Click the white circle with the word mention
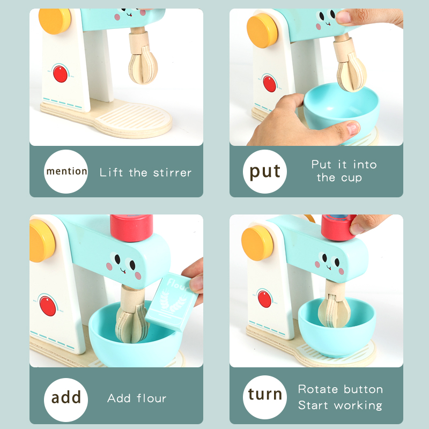(65, 172)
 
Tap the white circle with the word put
(264, 172)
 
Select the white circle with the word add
(65, 400)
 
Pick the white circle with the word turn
(264, 397)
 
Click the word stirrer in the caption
(172, 173)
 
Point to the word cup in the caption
(351, 178)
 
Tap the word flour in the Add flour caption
(152, 398)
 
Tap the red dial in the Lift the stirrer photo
(60, 73)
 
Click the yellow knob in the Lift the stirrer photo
(55, 21)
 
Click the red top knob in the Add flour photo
(131, 227)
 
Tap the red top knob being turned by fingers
(338, 227)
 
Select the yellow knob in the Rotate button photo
(257, 243)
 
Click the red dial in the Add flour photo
(48, 306)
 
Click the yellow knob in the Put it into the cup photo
(262, 31)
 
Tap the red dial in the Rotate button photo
(265, 299)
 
